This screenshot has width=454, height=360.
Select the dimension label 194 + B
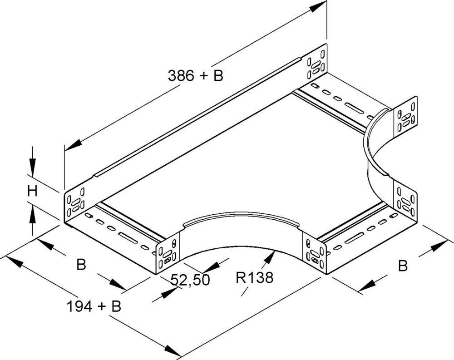[94, 307]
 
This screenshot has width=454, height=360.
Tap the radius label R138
[254, 277]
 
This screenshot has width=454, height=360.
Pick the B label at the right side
[402, 266]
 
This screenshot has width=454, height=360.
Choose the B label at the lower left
[81, 264]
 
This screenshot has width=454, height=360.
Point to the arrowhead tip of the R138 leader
[273, 254]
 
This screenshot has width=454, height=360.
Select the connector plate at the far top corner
[316, 63]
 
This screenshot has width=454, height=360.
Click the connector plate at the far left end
[75, 202]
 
